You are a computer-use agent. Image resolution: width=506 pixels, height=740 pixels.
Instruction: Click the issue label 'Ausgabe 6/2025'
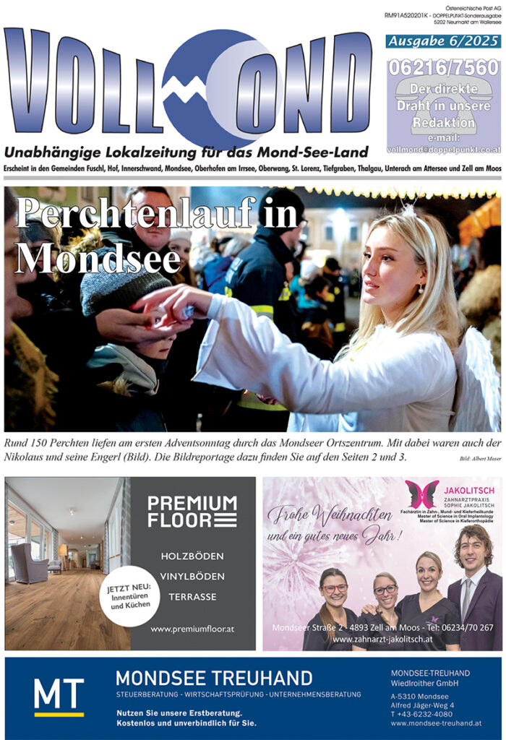tap(443, 41)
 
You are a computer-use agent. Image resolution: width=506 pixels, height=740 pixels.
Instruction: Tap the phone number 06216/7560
tap(443, 67)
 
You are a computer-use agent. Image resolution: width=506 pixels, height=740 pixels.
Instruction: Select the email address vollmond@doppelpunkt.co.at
tap(443, 149)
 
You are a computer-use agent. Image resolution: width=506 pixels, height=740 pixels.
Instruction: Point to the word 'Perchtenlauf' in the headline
tap(155, 215)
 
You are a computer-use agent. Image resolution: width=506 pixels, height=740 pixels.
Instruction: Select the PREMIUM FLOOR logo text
tap(192, 510)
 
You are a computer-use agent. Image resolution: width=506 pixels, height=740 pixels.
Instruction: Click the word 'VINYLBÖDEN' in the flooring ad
tap(192, 577)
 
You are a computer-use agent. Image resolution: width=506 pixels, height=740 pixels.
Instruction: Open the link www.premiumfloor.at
tap(192, 629)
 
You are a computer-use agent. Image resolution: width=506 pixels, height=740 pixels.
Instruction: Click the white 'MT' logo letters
tap(59, 694)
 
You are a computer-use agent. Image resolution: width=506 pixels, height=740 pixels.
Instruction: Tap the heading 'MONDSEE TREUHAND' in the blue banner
tap(214, 678)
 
